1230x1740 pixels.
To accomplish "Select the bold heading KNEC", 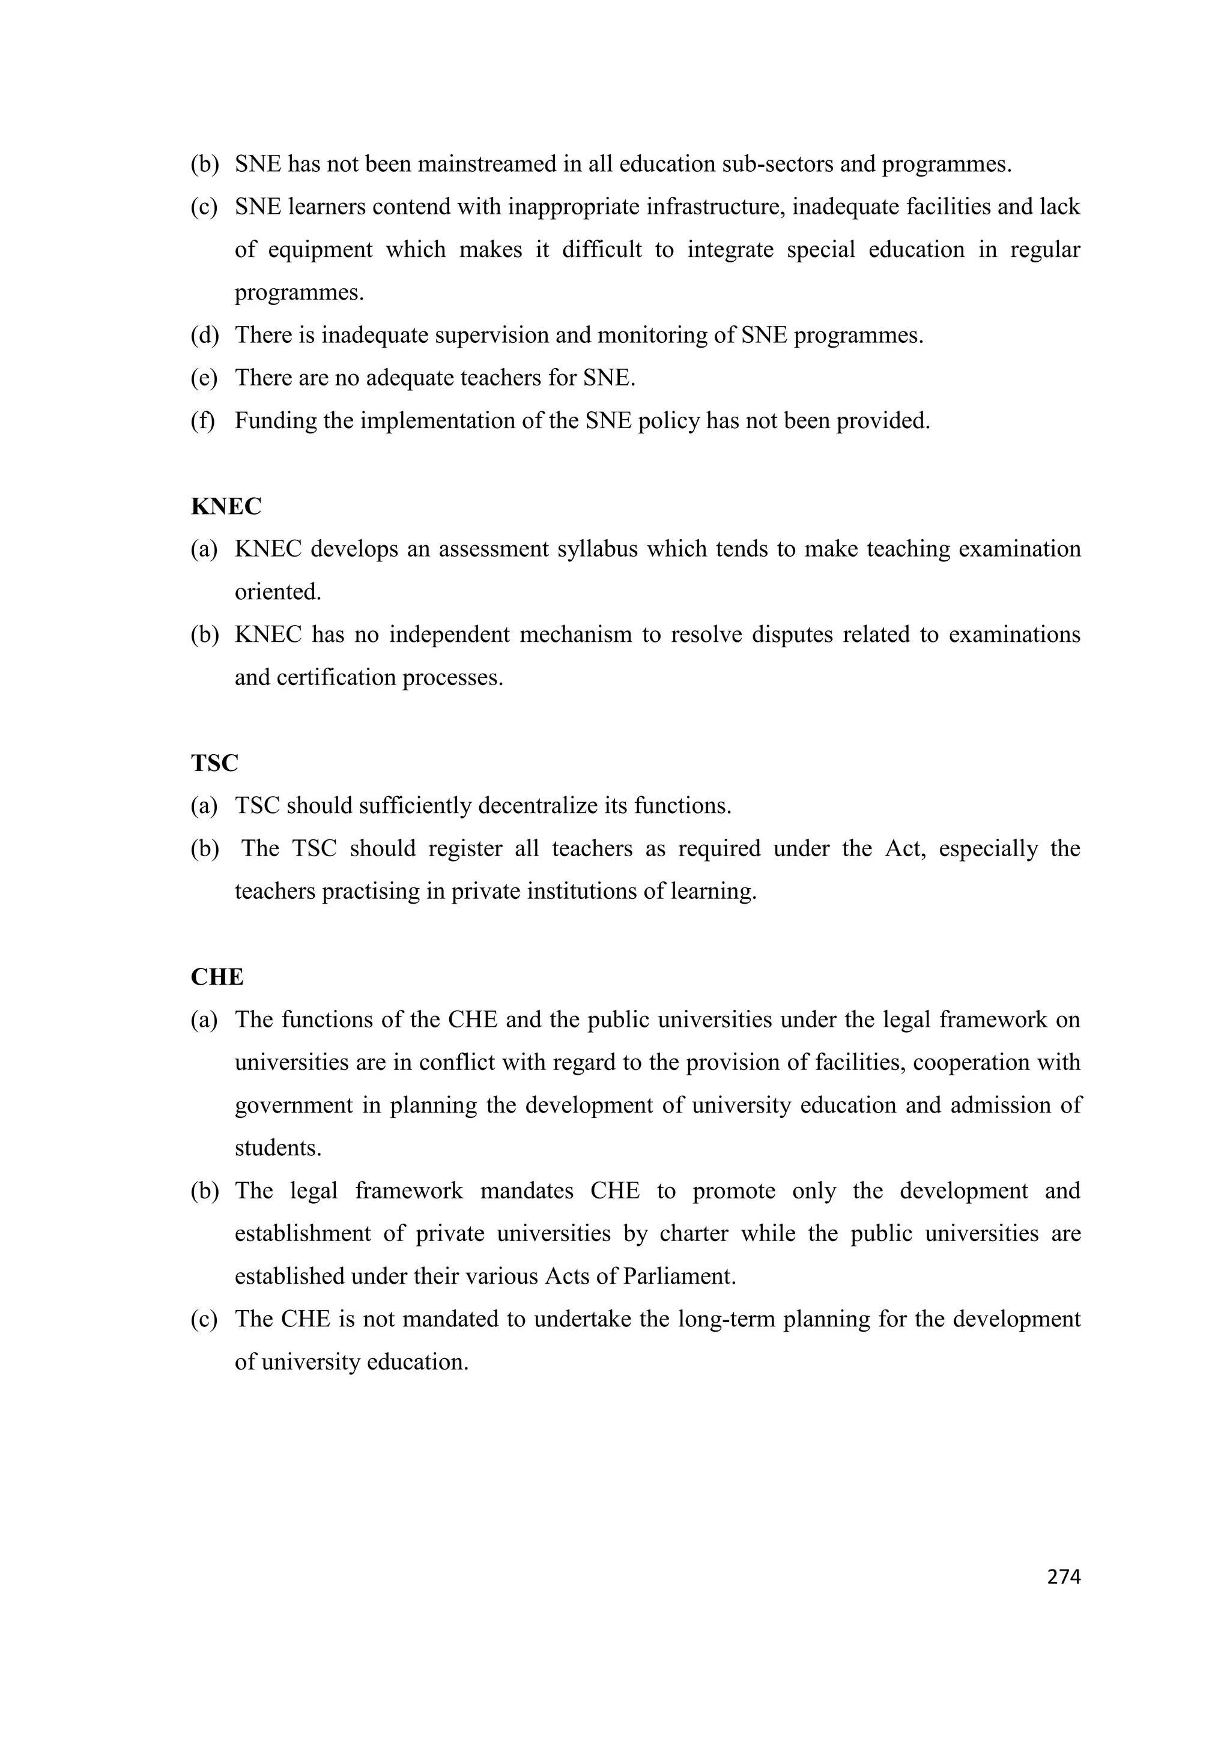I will coord(226,506).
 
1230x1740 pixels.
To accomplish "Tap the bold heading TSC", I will coord(214,763).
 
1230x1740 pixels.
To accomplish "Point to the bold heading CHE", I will coord(217,977).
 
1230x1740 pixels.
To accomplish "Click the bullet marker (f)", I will coord(202,421).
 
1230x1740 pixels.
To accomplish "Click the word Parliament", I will coord(679,1277).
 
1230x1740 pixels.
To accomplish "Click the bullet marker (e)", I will coord(203,378).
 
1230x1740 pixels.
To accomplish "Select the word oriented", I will coord(278,592).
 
